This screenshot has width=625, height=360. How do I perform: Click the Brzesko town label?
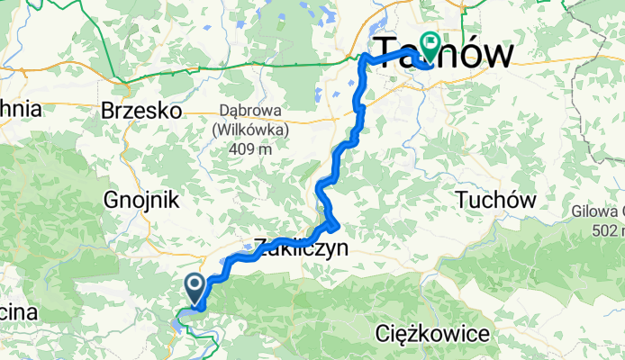pos(141,110)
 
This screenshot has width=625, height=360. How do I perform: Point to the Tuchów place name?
pos(496,198)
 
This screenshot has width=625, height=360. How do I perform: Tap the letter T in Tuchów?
pos(464,198)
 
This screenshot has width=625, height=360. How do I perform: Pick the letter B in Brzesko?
pos(110,110)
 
